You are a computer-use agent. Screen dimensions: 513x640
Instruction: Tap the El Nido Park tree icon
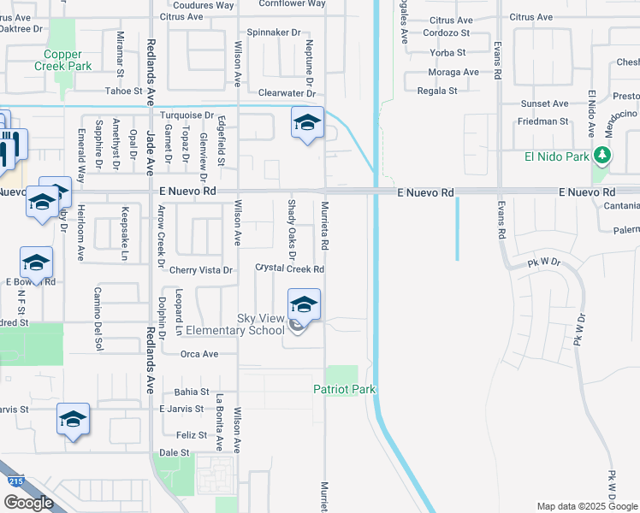pyautogui.click(x=603, y=155)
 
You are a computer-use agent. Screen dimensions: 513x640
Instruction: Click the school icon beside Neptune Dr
pyautogui.click(x=307, y=122)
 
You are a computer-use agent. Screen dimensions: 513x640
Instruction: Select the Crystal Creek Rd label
pyautogui.click(x=290, y=268)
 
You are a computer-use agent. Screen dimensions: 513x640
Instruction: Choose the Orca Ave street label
pyautogui.click(x=199, y=353)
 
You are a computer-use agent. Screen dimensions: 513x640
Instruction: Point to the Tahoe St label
pyautogui.click(x=123, y=91)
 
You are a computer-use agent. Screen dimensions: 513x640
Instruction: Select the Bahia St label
pyautogui.click(x=191, y=391)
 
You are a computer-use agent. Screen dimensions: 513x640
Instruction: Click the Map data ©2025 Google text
pyautogui.click(x=586, y=506)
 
